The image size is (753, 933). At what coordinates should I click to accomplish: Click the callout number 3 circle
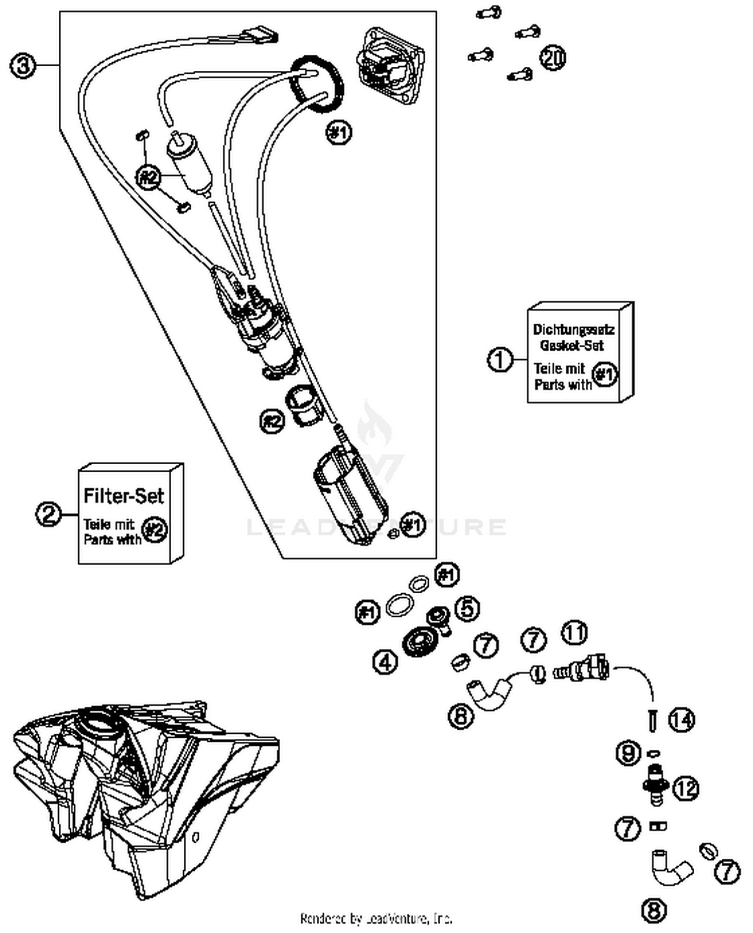tap(23, 66)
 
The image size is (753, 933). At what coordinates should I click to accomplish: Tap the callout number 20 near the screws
tap(552, 58)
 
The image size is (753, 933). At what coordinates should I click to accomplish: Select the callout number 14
tap(682, 720)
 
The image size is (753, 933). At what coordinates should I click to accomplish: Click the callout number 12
tap(686, 788)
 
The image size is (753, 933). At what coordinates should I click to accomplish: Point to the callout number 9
tap(628, 753)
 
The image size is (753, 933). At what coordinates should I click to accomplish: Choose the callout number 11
tap(574, 633)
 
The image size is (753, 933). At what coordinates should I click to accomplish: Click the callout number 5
tap(467, 609)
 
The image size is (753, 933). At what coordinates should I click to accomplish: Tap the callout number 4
tap(385, 662)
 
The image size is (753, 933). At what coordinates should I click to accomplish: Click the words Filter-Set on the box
tap(123, 496)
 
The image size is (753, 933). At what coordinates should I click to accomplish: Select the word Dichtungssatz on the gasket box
tap(573, 330)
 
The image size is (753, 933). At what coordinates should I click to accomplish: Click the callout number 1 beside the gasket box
tap(499, 360)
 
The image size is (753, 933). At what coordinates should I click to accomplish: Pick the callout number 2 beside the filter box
tap(49, 514)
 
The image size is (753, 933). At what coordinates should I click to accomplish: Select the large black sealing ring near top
tap(318, 84)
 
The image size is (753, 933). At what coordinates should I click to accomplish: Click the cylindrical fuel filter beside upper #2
tap(189, 165)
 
